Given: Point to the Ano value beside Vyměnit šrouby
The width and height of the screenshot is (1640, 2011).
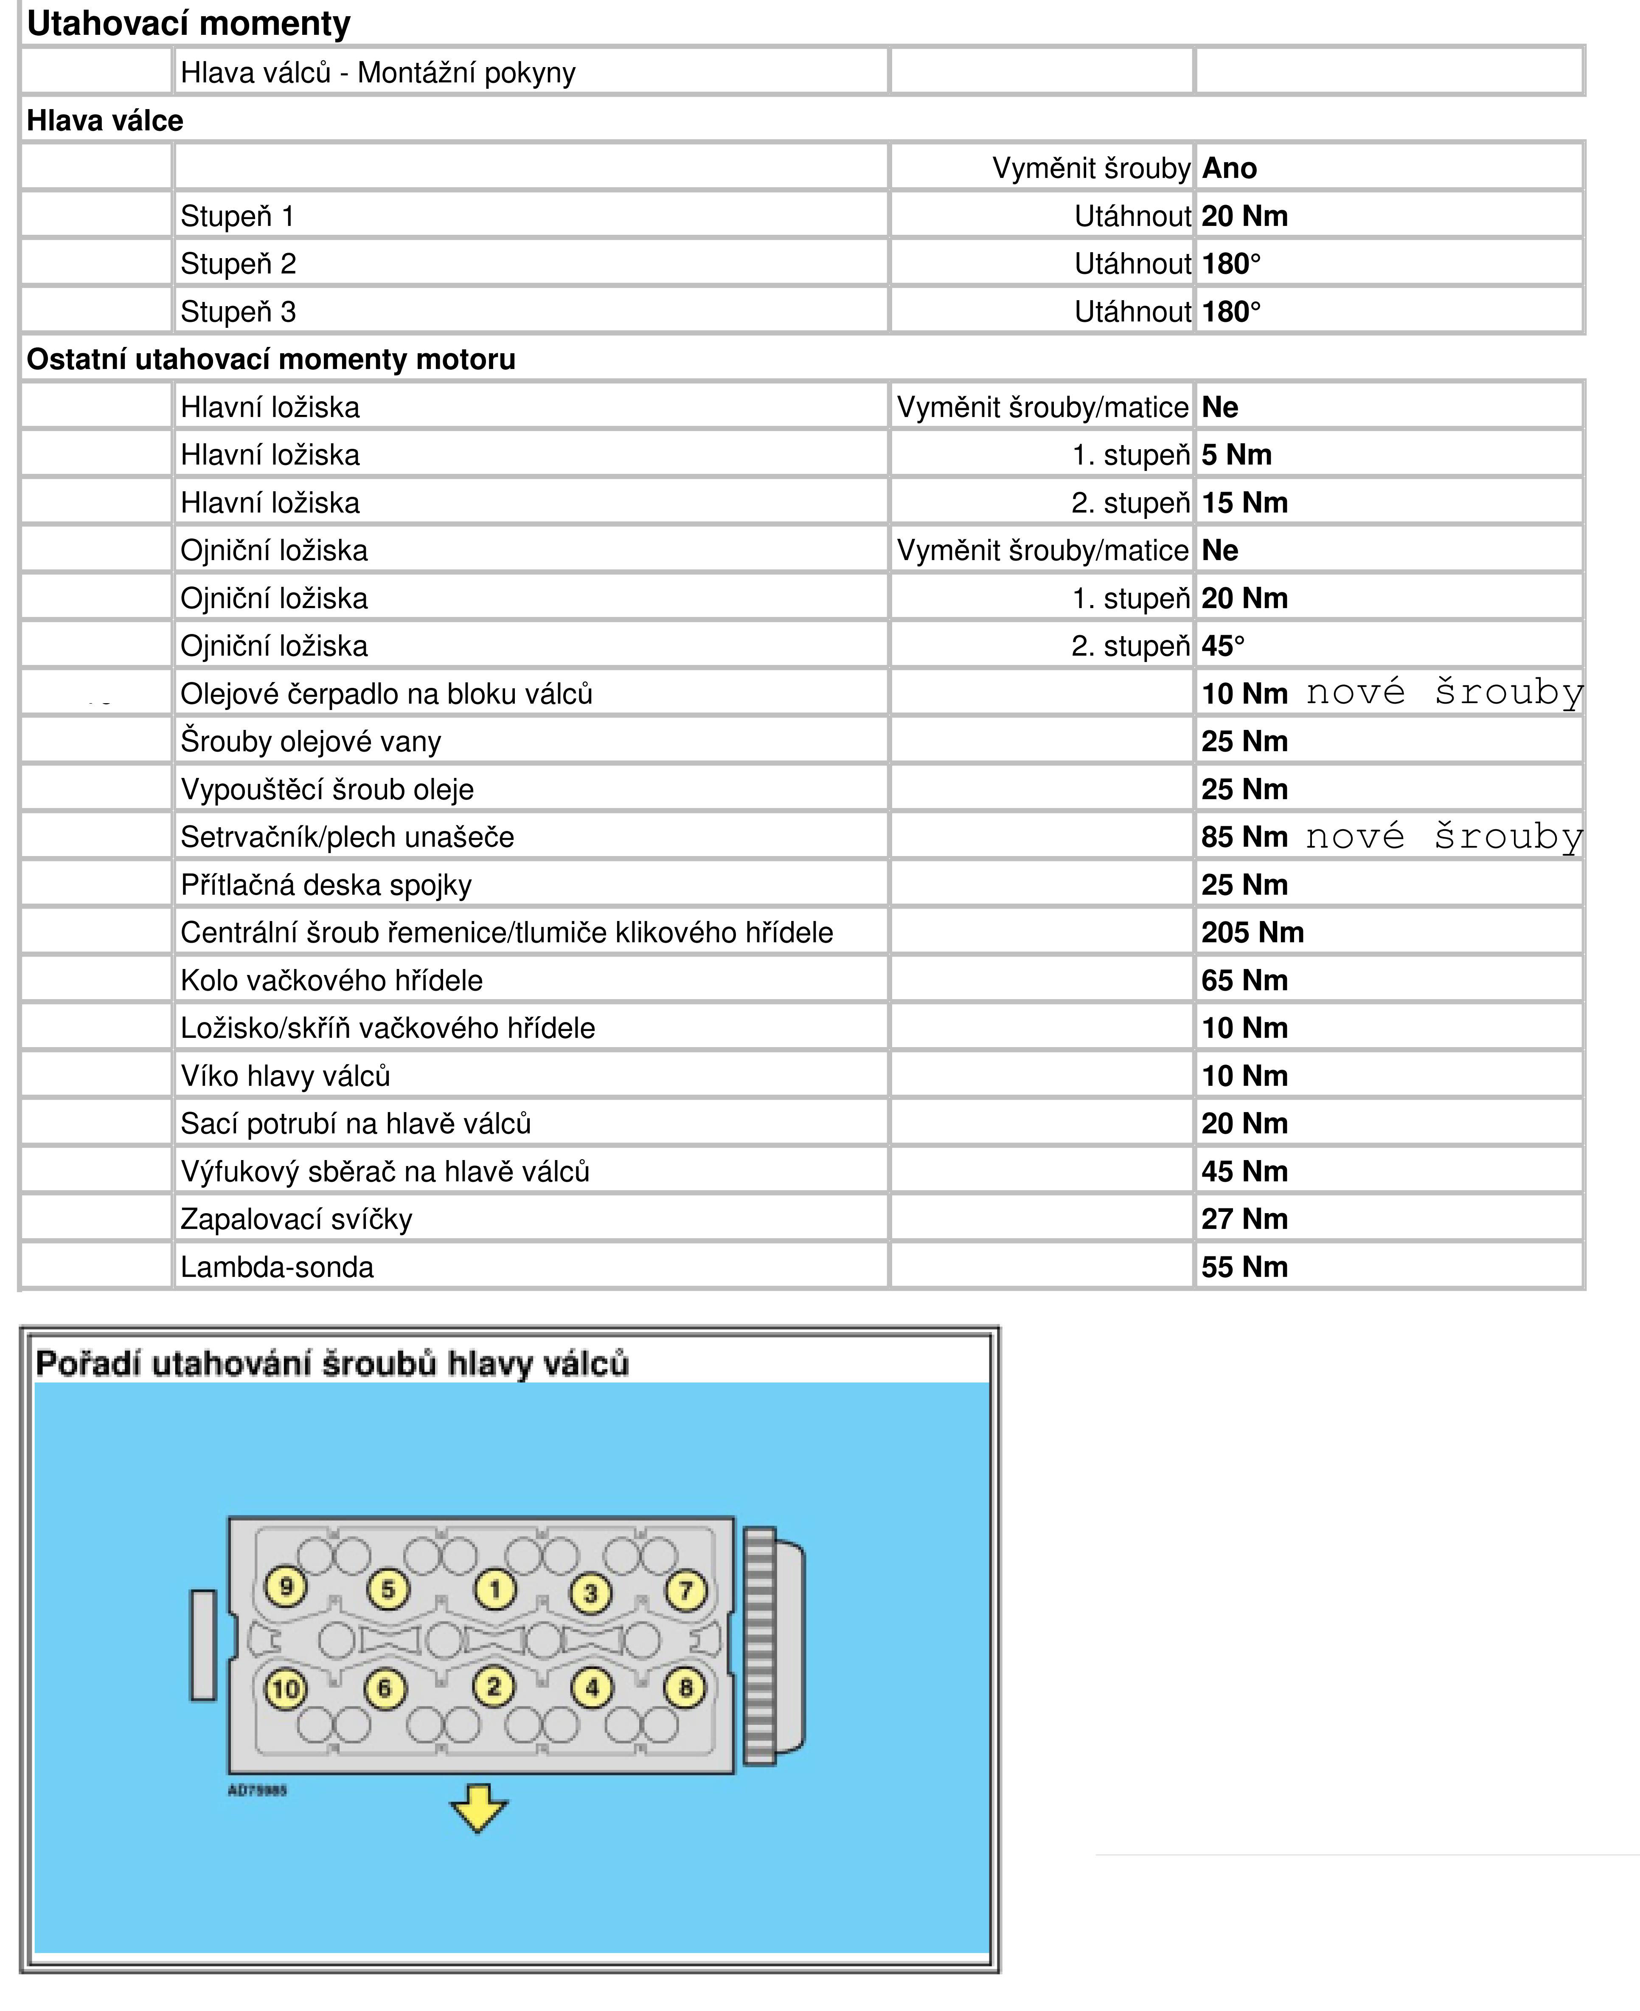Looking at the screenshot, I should click(1229, 168).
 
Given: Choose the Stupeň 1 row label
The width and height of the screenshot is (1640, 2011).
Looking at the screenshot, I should click(237, 217).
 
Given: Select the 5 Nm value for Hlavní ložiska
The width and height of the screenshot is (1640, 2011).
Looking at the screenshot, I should click(1236, 454).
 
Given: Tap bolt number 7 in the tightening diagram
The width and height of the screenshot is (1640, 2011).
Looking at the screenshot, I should click(686, 1589).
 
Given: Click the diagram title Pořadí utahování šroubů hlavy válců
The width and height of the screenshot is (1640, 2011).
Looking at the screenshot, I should click(331, 1363).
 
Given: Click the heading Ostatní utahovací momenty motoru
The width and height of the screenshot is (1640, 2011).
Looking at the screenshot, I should click(271, 359).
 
